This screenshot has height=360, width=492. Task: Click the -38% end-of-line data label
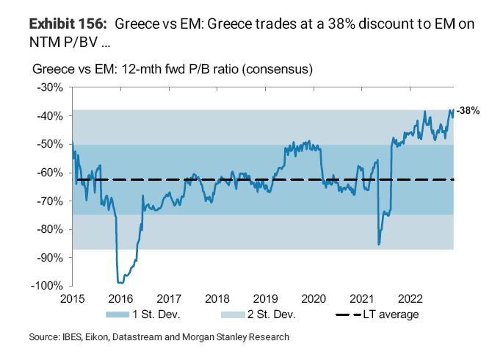[x=468, y=111]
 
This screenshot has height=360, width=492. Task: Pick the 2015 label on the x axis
[x=73, y=299]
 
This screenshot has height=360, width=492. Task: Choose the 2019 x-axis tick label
[x=265, y=299]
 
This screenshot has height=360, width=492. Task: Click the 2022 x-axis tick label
[x=410, y=299]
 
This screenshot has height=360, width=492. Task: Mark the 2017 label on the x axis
[x=169, y=299]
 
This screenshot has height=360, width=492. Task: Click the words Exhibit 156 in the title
[x=70, y=24]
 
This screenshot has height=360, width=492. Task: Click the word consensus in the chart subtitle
[x=283, y=71]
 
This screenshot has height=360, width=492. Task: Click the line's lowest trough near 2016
[x=120, y=281]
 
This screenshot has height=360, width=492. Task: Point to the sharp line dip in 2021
[x=379, y=244]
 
